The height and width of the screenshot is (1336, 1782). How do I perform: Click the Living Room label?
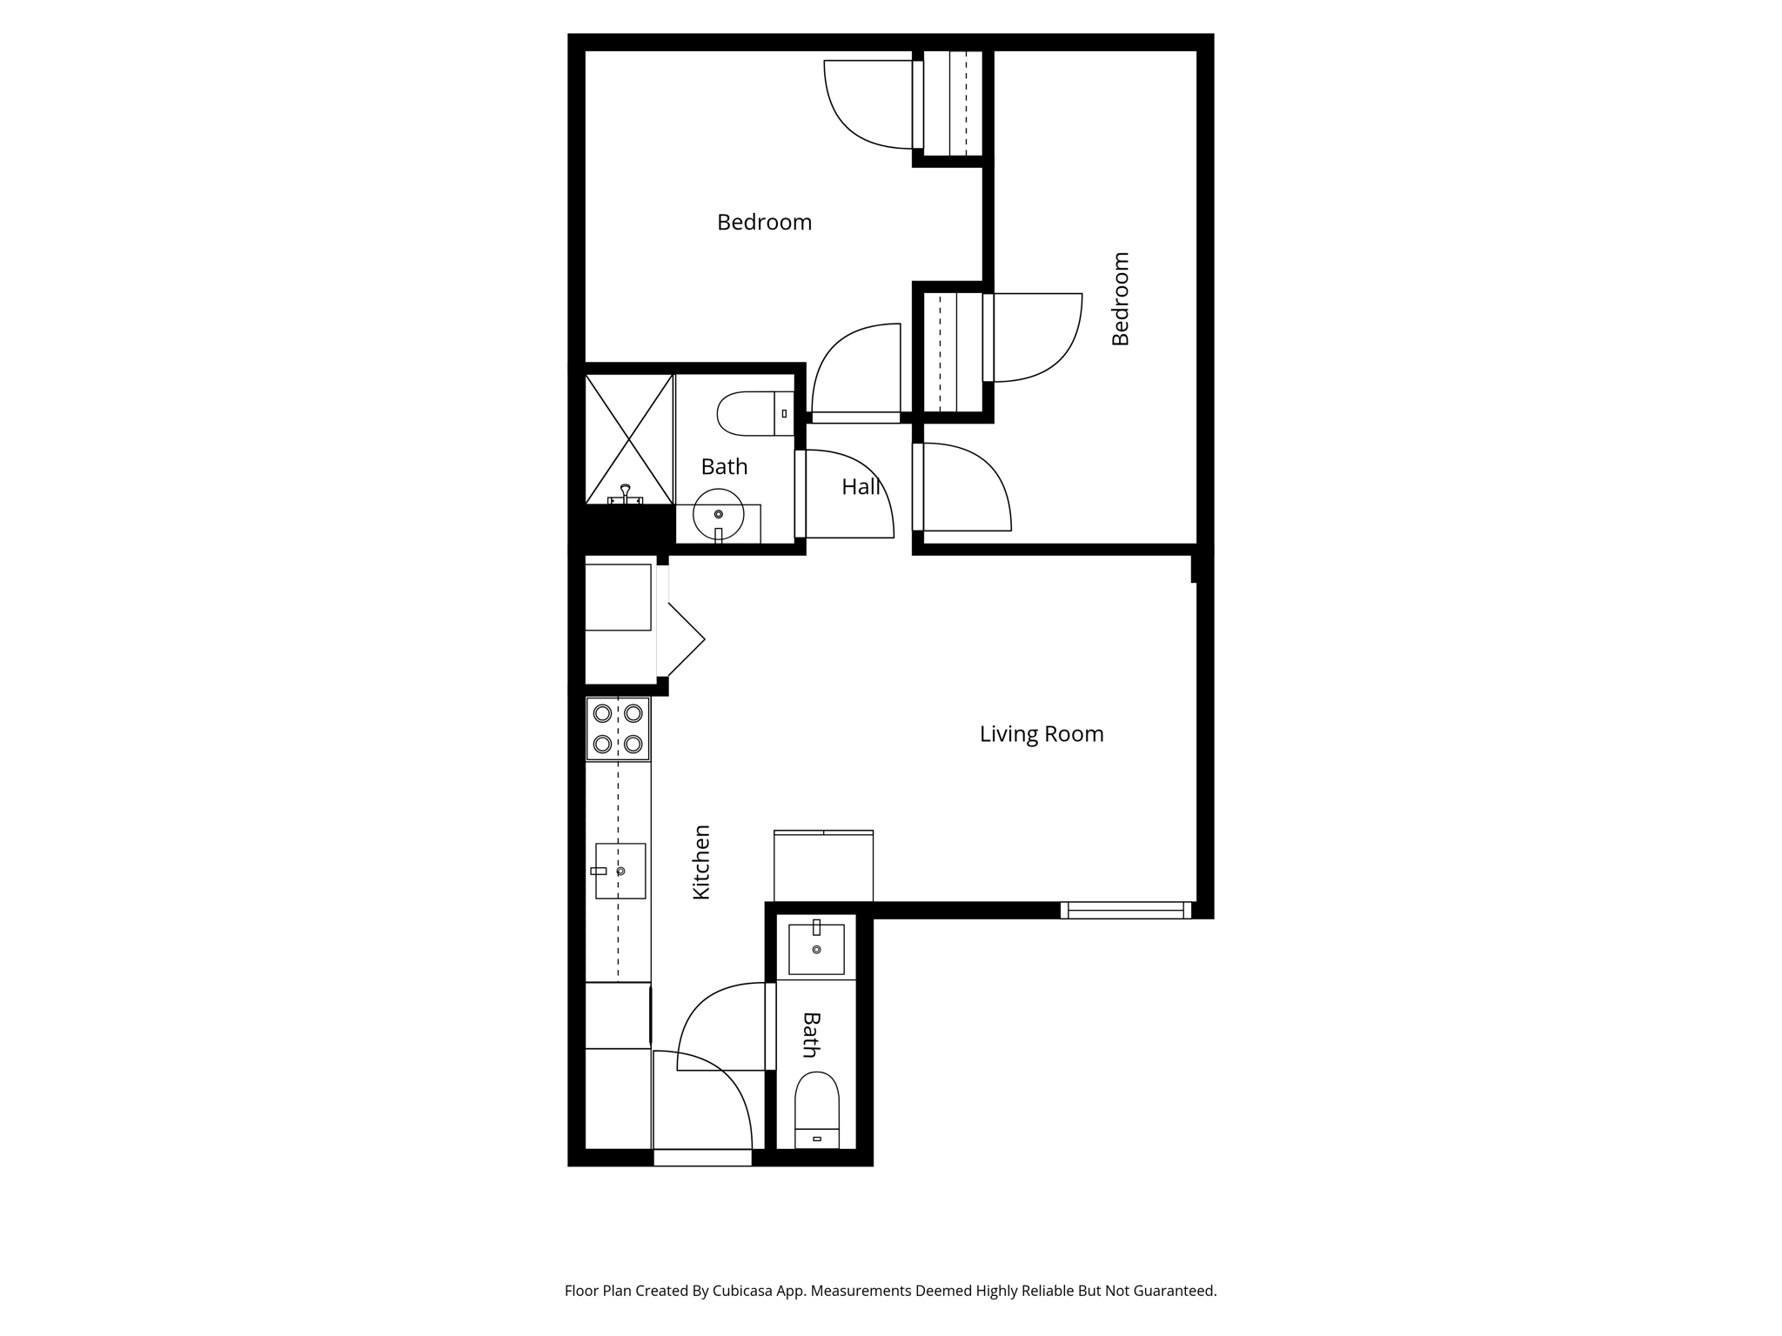[x=1042, y=734]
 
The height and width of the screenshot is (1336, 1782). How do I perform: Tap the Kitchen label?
[x=701, y=862]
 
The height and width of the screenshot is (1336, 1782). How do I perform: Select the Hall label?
[x=861, y=487]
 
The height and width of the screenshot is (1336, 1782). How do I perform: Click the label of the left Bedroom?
[x=764, y=223]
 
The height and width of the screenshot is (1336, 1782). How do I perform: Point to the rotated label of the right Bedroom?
[x=1121, y=298]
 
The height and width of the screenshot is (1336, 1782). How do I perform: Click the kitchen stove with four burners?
[x=618, y=729]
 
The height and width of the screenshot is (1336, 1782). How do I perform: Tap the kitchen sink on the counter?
[x=620, y=871]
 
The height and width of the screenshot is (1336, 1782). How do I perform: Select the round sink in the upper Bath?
[x=719, y=515]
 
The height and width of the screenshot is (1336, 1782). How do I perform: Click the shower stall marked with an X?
[x=629, y=439]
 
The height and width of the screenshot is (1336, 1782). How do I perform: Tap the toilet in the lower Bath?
[x=817, y=1110]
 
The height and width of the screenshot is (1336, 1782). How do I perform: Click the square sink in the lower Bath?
[x=816, y=948]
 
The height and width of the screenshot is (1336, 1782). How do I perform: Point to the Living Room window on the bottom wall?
[x=1126, y=911]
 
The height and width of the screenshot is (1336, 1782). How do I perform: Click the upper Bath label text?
[x=724, y=467]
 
